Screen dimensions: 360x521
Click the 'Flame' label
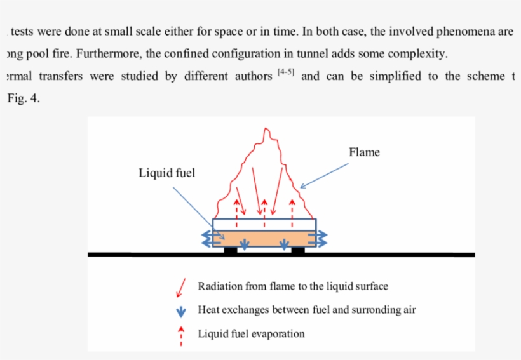(364, 152)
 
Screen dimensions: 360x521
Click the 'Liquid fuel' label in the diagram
(167, 173)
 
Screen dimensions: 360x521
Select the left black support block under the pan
(231, 250)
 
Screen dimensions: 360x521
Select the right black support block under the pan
(297, 250)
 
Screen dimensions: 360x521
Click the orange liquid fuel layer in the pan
(264, 239)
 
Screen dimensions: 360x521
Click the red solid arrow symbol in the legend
(180, 289)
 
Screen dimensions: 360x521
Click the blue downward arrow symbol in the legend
(180, 311)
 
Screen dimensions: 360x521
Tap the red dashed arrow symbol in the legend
(181, 335)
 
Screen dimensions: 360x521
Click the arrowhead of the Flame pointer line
(302, 187)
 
